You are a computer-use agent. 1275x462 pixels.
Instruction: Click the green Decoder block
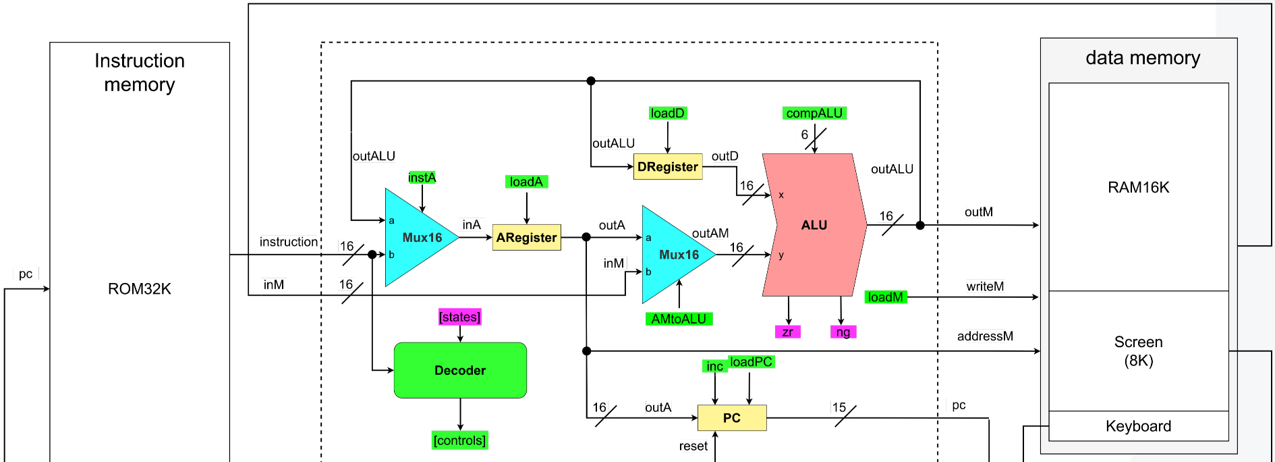[x=460, y=370]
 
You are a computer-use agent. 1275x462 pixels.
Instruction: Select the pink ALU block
[x=814, y=225]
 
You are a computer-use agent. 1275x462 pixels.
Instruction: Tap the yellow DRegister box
[x=668, y=167]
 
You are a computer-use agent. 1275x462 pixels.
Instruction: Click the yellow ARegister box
[x=526, y=238]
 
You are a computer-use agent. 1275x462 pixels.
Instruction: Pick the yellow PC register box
[x=732, y=418]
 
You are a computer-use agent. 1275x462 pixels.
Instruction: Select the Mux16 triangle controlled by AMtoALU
[x=675, y=255]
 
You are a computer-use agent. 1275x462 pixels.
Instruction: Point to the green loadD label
[x=667, y=113]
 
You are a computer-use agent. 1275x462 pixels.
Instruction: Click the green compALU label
[x=814, y=113]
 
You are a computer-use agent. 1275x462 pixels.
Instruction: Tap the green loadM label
[x=886, y=297]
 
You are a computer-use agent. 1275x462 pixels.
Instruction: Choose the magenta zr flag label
[x=787, y=332]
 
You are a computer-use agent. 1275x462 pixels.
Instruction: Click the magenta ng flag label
[x=843, y=332]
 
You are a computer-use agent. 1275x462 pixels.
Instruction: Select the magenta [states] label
[x=459, y=317]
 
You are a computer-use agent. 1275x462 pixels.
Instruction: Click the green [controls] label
[x=459, y=440]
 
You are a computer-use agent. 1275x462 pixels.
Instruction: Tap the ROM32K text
[x=140, y=289]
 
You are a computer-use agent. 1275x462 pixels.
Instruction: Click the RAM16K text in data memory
[x=1139, y=188]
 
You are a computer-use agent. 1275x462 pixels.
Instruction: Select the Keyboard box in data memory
[x=1139, y=426]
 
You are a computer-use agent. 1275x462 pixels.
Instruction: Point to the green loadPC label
[x=751, y=362]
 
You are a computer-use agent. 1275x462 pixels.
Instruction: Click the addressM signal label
[x=985, y=336]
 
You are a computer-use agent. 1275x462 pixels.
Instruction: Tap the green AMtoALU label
[x=679, y=319]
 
